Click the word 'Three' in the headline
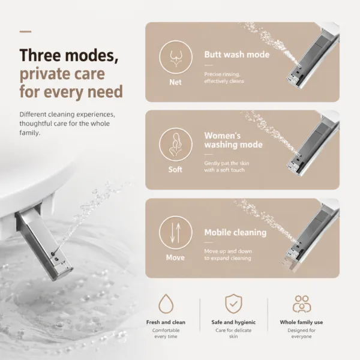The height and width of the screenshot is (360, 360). tap(40, 55)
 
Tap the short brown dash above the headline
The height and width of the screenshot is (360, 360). tap(25, 31)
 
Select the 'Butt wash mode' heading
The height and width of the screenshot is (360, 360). tap(237, 55)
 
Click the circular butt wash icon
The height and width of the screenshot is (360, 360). tap(176, 57)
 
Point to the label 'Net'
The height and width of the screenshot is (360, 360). tap(175, 82)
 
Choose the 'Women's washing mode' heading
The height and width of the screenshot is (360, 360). tap(233, 140)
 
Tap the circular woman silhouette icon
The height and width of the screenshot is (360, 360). tap(176, 144)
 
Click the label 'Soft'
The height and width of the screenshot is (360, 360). tap(175, 169)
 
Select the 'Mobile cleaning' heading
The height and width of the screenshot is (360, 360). tap(235, 232)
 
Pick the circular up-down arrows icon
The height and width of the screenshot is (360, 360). tap(176, 232)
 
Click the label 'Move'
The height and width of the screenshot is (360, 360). tap(175, 257)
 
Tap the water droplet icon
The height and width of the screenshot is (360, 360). tap(166, 304)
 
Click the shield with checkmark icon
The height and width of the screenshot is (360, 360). tap(233, 304)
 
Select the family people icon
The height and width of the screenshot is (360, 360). tap(302, 304)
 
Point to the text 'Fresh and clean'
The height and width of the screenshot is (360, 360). tap(166, 322)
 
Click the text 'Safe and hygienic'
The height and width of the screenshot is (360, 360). tap(233, 322)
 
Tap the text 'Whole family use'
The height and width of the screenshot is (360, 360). tap(301, 322)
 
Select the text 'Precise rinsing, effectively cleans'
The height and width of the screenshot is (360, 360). tap(224, 77)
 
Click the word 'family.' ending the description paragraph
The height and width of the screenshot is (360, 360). tap(30, 133)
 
